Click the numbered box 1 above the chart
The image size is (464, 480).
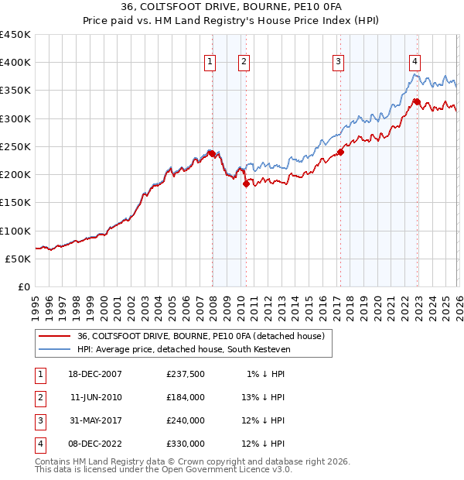[x=210, y=63]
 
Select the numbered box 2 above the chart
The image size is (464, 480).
[x=244, y=63]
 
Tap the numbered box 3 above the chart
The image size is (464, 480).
[x=339, y=63]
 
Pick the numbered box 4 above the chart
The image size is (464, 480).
[x=415, y=63]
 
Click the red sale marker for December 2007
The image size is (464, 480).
[x=212, y=153]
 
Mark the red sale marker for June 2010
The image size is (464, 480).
[x=246, y=183]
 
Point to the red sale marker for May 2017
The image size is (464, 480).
[x=340, y=152]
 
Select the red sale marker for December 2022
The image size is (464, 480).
[x=416, y=101]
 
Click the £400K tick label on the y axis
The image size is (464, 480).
[x=15, y=63]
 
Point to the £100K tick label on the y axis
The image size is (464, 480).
[x=15, y=231]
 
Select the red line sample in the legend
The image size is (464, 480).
[x=54, y=336]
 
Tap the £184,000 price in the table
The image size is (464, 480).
[x=186, y=397]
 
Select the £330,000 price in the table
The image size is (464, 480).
[x=186, y=444]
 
